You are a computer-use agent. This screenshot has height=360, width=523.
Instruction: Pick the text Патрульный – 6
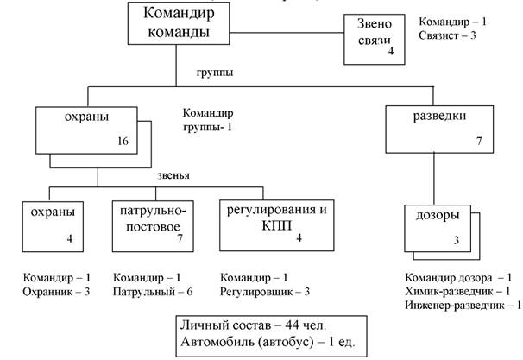pyautogui.click(x=153, y=293)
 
